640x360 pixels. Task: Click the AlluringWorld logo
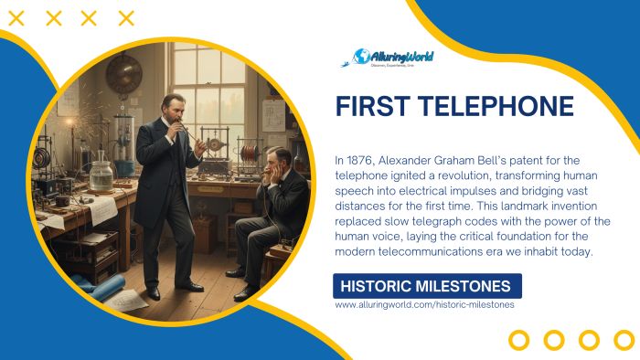coord(393,58)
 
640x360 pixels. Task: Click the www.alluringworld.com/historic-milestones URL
coord(424,304)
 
